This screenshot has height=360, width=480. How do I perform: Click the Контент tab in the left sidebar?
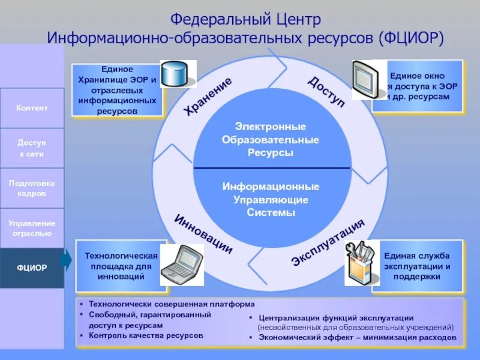[32, 108]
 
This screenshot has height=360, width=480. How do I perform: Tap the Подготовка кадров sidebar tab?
[32, 188]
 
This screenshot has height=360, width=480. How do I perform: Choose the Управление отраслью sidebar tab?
[32, 228]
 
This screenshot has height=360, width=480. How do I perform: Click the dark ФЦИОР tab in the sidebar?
[32, 268]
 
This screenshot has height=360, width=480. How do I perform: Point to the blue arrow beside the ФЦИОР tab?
[67, 260]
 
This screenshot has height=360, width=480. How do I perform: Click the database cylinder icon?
[178, 74]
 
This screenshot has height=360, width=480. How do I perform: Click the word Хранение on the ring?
[208, 97]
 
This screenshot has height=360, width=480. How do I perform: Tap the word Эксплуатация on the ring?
[328, 242]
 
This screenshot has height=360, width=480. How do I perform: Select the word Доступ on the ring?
[327, 91]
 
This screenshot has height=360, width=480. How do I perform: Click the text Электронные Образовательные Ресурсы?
[271, 140]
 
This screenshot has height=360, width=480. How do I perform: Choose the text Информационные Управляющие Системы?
[271, 199]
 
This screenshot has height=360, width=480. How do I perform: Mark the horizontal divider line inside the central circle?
[271, 168]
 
